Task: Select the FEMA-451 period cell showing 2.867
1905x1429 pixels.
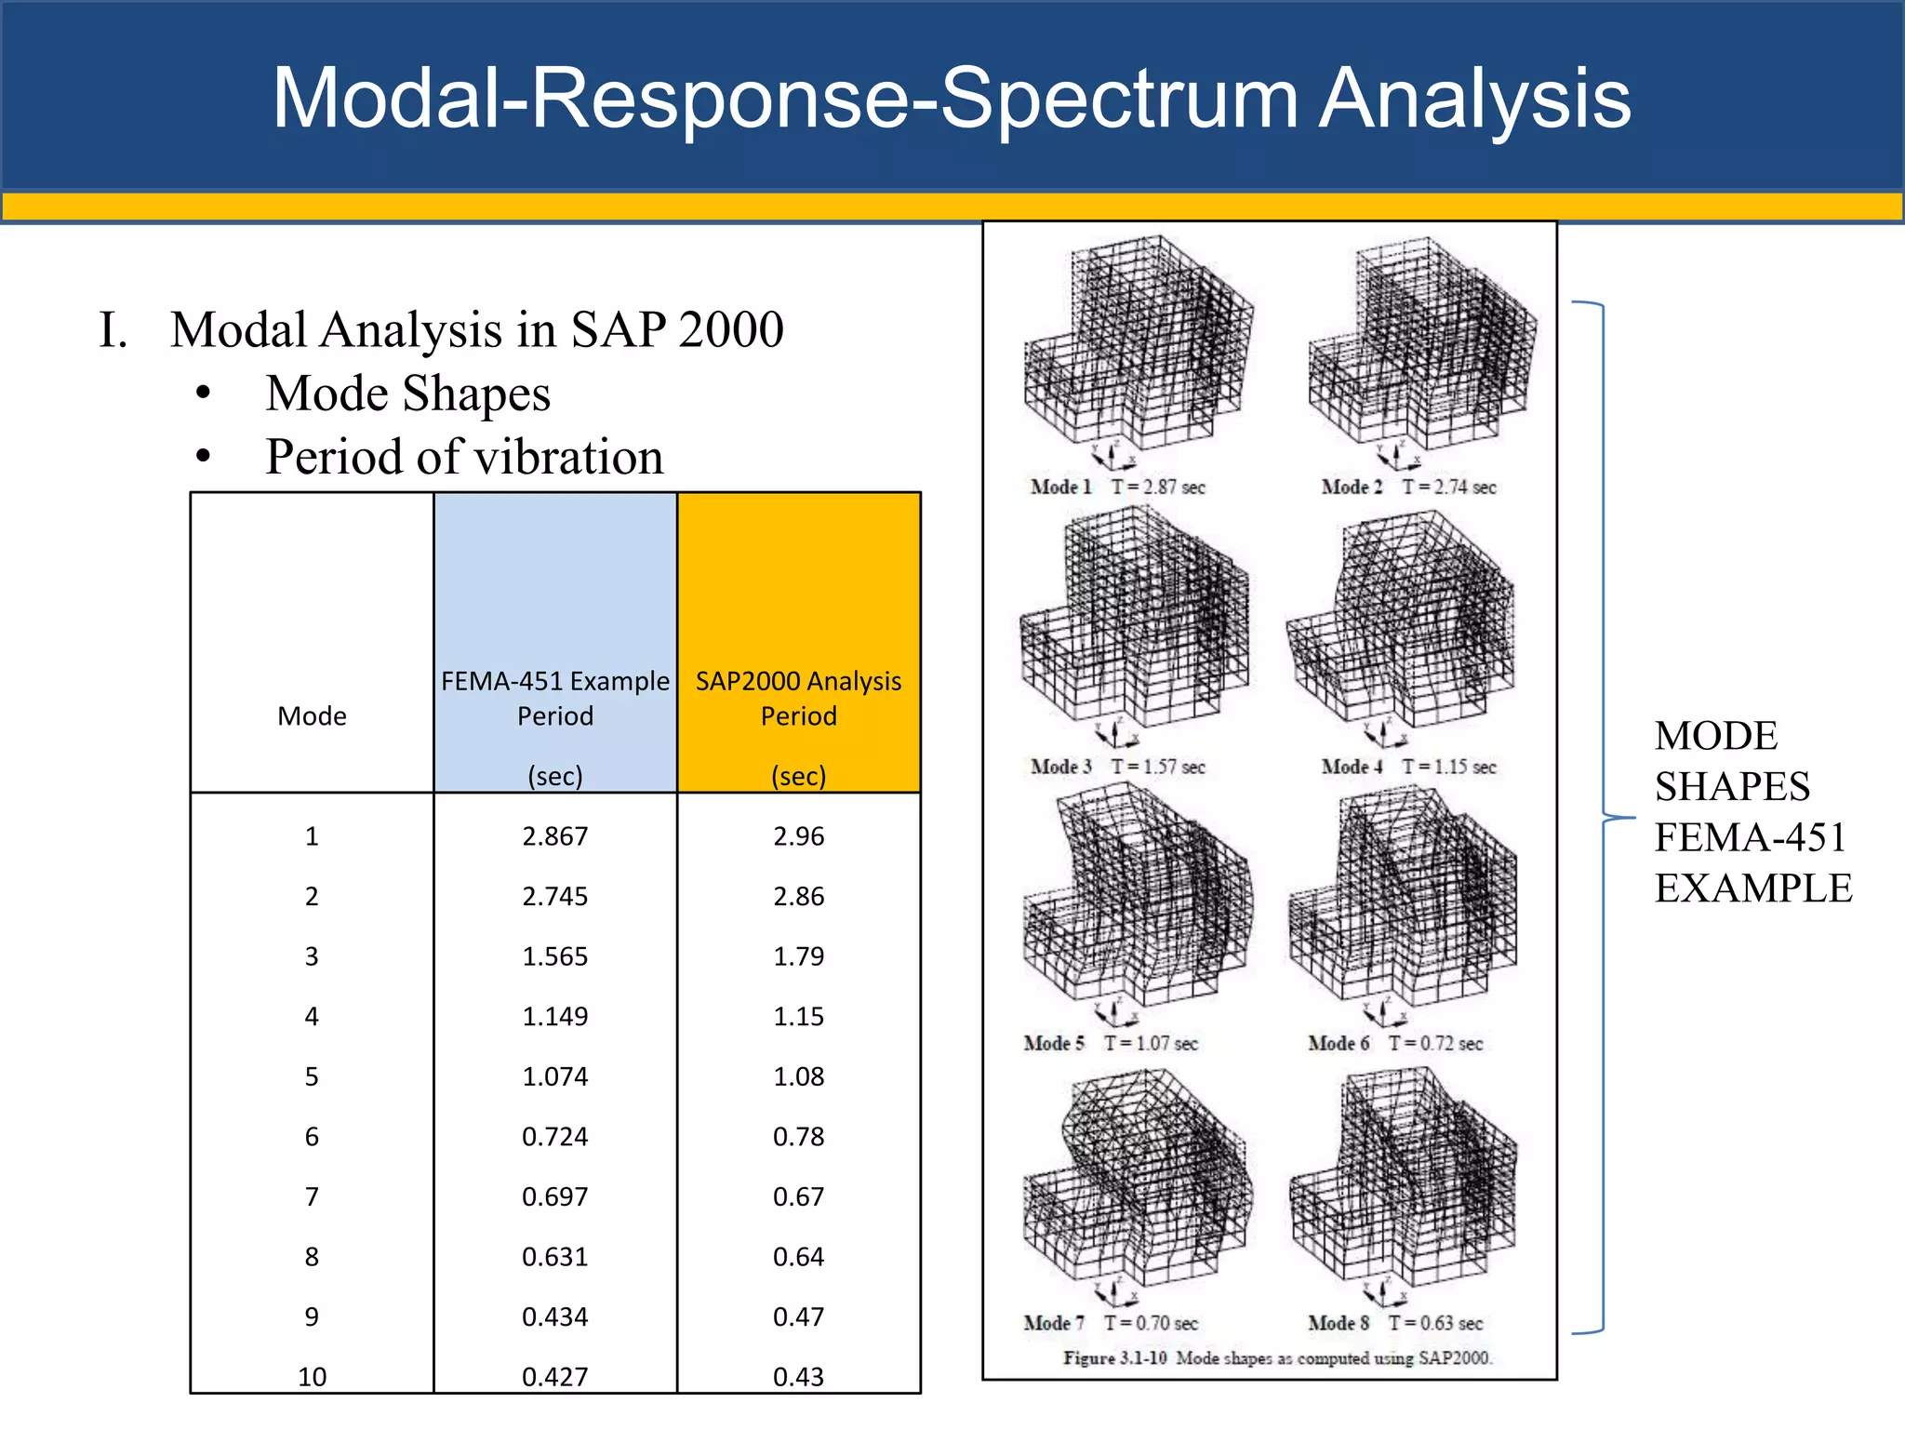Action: coord(554,836)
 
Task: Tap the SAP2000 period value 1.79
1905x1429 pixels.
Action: coord(798,956)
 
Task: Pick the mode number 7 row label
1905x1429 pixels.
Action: coord(312,1196)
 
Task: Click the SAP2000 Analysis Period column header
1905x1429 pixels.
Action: coord(798,698)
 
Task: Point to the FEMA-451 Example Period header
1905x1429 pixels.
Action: coord(554,698)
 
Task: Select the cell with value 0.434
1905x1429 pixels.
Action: coord(554,1316)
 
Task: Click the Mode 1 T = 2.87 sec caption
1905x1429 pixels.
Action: coord(1117,487)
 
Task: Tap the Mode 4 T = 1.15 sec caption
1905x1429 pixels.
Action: coord(1408,767)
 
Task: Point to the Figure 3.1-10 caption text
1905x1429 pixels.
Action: coord(1277,1358)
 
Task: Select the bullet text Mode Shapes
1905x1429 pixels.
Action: coord(407,394)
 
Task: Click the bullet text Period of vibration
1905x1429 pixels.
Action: coord(464,457)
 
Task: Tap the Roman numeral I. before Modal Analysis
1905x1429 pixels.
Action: coord(113,330)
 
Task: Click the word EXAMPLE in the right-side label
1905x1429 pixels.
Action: coord(1752,888)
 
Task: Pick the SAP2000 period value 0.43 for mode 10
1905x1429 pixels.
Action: coord(798,1376)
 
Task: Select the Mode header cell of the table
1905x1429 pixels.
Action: coord(312,715)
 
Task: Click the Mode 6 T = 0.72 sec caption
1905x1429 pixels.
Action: coord(1395,1043)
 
